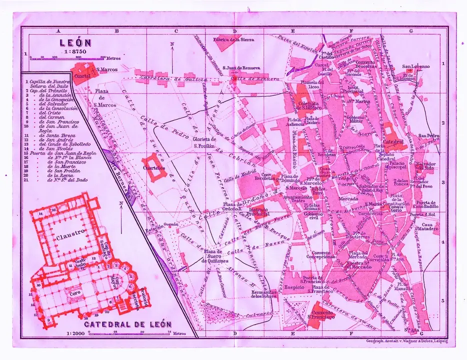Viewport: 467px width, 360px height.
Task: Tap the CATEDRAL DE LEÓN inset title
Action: (x=127, y=324)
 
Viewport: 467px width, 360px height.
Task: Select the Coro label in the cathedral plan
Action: (x=75, y=292)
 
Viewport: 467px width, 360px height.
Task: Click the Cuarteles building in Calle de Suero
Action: (x=153, y=167)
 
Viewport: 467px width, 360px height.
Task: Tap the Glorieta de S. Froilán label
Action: (x=205, y=141)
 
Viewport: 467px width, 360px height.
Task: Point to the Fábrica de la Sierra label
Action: (x=233, y=39)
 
